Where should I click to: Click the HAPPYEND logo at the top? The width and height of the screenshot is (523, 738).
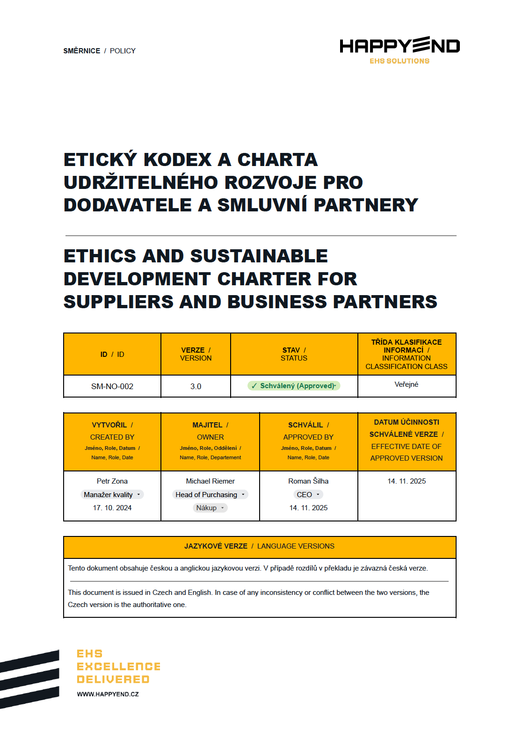(x=400, y=46)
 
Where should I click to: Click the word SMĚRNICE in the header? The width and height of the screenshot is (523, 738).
(x=82, y=51)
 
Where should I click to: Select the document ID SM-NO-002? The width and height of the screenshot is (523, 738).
(x=112, y=386)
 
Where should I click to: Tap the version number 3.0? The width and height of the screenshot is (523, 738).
(x=196, y=386)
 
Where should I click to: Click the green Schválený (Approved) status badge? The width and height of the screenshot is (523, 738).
(x=294, y=386)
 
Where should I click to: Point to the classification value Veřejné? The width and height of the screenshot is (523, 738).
(x=406, y=384)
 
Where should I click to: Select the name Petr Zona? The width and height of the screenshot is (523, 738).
(x=112, y=481)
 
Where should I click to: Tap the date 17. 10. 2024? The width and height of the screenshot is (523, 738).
(x=112, y=508)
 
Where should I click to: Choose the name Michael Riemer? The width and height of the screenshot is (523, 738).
(x=211, y=481)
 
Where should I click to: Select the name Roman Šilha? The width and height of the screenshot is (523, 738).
(x=308, y=481)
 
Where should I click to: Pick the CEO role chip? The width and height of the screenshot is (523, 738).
(x=308, y=495)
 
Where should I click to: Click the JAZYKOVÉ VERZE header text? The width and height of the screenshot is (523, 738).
(x=216, y=546)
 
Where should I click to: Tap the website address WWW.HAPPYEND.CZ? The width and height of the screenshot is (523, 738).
(x=108, y=695)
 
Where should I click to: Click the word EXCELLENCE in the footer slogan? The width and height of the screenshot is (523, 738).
(x=118, y=666)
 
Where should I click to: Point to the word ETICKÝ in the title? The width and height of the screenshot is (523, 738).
(x=100, y=160)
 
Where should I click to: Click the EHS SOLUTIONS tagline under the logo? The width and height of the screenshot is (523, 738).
(x=400, y=61)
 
